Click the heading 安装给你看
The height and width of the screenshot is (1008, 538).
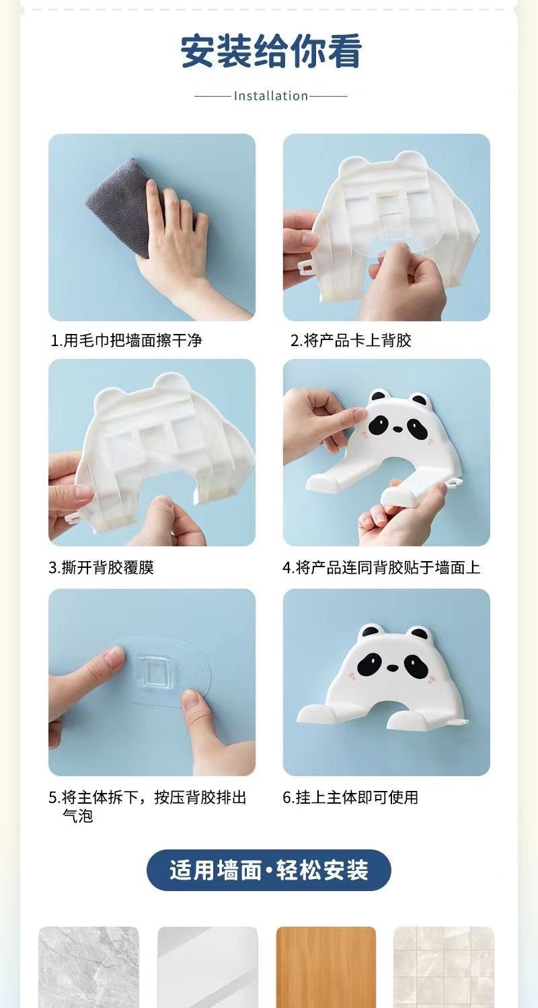point(271,52)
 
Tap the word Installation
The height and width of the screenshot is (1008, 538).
point(271,96)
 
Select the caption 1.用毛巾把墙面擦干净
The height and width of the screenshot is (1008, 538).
point(126,341)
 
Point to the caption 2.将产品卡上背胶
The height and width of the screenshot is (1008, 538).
point(351,341)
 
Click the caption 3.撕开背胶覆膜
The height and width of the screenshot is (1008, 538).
point(102,567)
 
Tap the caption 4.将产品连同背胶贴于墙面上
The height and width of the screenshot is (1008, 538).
point(381,567)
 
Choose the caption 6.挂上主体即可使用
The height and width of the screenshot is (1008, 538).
point(350,797)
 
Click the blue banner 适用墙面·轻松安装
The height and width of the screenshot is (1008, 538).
point(269,870)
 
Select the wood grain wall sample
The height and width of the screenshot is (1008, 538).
point(326,967)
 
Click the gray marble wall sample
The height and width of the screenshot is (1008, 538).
point(89,967)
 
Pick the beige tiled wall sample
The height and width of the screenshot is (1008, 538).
point(444,967)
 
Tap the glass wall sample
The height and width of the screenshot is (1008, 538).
point(208,967)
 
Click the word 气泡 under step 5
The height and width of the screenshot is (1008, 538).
point(77,815)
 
